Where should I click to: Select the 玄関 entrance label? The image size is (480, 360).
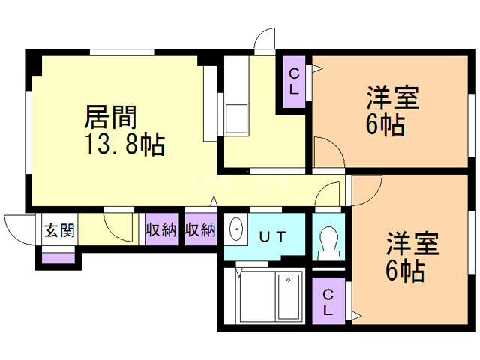(58, 230)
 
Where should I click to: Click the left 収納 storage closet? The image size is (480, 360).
(161, 229)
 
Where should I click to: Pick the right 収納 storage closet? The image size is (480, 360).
(200, 229)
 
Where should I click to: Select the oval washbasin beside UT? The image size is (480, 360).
(235, 230)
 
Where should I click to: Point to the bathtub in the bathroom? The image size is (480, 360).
(288, 295)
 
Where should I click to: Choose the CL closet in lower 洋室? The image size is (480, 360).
(328, 299)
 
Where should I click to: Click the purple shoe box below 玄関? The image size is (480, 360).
(58, 259)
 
